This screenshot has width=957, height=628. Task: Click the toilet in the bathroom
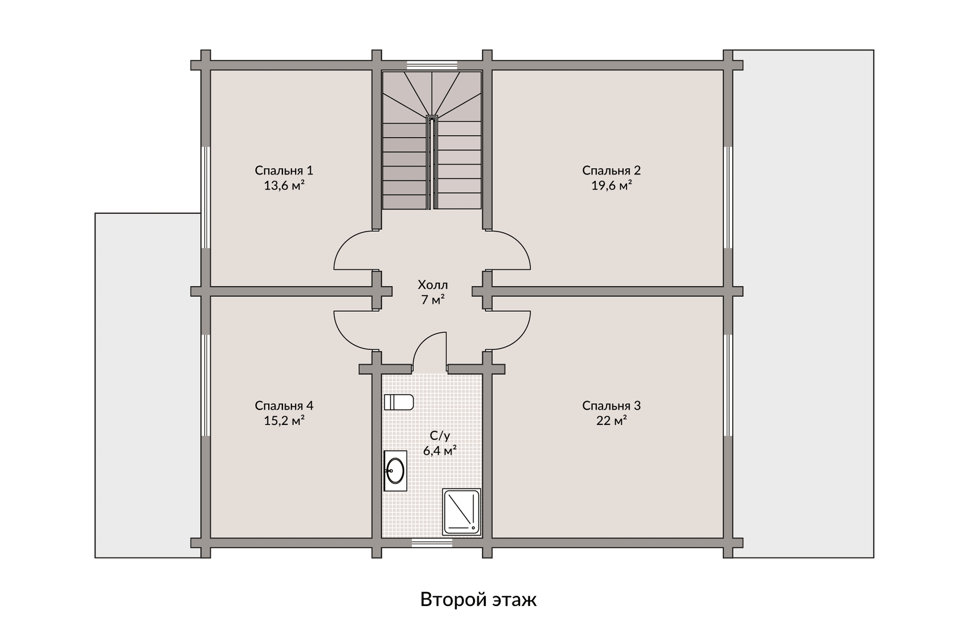(x=399, y=402)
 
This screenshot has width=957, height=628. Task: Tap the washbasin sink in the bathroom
(x=395, y=471)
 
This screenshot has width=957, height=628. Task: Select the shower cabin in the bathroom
(x=462, y=512)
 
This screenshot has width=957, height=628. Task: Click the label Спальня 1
(x=284, y=170)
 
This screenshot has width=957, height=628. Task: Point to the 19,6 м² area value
(x=611, y=186)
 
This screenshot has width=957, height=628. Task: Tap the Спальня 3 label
(x=611, y=406)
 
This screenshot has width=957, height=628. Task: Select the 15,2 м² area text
(x=284, y=421)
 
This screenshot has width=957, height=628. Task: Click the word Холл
(x=433, y=285)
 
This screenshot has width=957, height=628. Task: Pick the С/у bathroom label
(x=440, y=436)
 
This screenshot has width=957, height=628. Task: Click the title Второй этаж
(x=478, y=600)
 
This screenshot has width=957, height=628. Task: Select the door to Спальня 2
(x=511, y=251)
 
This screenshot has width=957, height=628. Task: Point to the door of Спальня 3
(x=511, y=330)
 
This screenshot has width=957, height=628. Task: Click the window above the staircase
(x=432, y=65)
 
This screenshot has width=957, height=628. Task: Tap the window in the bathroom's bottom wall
(x=432, y=543)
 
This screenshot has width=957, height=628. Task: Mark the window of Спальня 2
(x=728, y=197)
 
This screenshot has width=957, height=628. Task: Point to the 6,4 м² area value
(x=440, y=451)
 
